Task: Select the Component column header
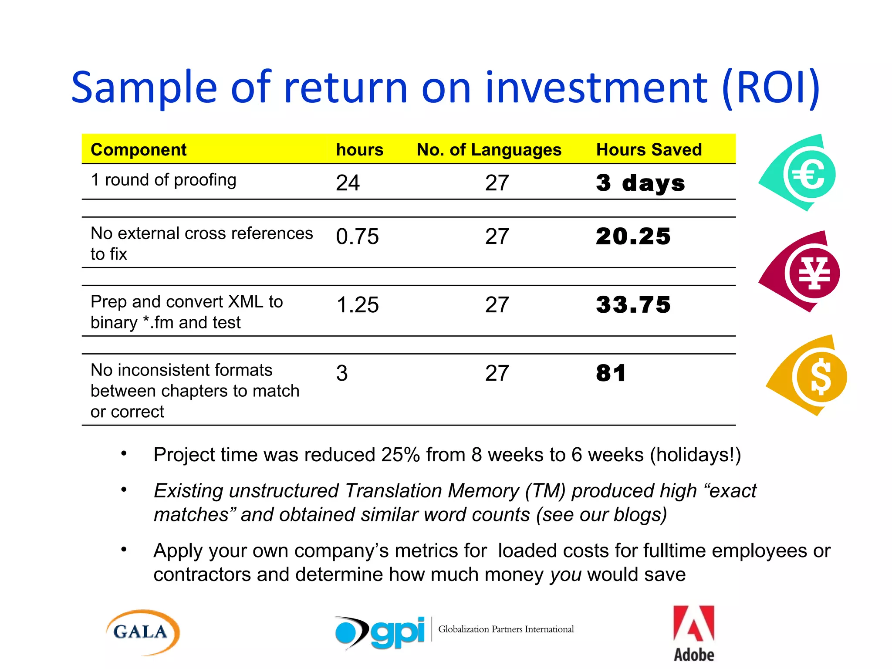139,150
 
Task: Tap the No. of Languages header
489,150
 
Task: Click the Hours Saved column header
649,150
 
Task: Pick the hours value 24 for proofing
348,183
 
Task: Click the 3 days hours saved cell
640,183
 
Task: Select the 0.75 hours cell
357,237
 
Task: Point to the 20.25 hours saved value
633,237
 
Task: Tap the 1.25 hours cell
357,305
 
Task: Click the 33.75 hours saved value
633,305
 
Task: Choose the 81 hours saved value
611,373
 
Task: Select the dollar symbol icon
820,376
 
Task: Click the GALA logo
142,632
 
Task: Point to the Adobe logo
694,634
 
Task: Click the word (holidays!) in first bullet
696,455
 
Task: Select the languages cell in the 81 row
497,373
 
